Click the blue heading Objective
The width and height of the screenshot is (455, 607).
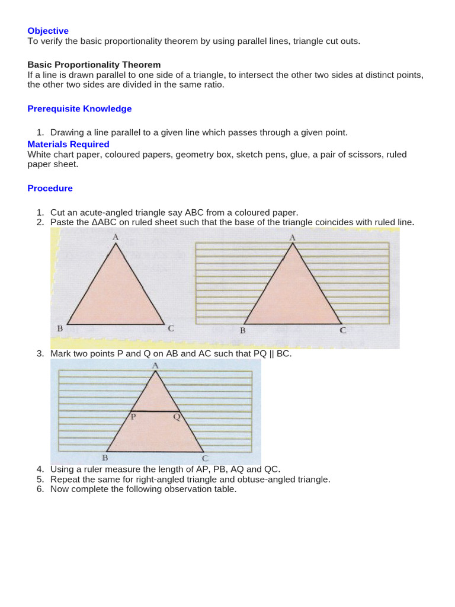tap(48, 31)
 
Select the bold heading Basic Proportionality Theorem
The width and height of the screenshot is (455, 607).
tap(94, 65)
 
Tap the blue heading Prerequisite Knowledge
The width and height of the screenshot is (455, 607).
tap(79, 109)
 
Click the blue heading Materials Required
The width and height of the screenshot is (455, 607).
tap(68, 144)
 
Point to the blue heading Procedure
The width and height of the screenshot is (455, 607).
tap(50, 189)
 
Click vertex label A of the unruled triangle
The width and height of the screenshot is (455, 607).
tap(116, 237)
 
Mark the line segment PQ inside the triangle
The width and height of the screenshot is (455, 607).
tap(155, 411)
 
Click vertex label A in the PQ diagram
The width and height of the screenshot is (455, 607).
tap(155, 365)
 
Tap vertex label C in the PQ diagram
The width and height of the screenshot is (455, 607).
tap(205, 458)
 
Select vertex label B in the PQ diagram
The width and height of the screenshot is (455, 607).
tap(105, 458)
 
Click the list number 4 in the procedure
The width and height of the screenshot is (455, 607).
tap(40, 469)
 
